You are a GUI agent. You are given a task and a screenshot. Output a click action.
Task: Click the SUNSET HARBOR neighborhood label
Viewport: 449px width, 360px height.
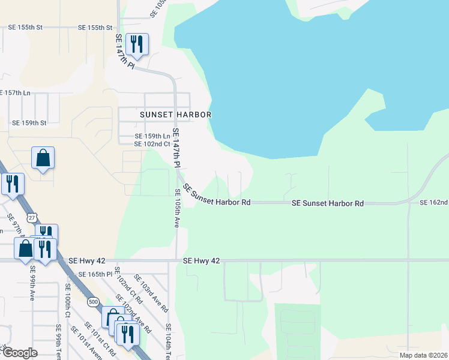point(177,114)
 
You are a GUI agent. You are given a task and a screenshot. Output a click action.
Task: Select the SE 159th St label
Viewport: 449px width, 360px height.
point(29,123)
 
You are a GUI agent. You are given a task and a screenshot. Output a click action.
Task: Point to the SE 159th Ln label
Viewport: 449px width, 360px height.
point(152,136)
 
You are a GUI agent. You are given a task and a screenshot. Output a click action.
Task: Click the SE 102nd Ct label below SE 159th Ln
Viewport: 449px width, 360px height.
point(152,144)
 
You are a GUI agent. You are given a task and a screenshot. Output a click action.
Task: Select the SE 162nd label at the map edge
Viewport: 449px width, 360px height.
point(434,203)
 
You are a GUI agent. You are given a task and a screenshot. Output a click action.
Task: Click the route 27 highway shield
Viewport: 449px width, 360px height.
point(32,217)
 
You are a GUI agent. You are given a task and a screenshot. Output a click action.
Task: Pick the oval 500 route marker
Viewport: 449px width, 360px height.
point(92,301)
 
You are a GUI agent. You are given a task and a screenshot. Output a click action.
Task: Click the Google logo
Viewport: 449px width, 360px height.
point(20,352)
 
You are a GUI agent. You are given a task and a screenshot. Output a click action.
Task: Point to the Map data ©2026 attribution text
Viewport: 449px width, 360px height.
point(423,355)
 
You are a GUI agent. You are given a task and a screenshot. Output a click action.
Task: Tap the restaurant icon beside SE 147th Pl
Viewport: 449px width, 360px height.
point(137,44)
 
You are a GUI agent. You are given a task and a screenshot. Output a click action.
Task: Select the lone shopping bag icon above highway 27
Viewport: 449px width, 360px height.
point(43,158)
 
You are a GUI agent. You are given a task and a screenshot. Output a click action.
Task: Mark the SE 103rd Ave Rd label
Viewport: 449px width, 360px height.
point(152,293)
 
